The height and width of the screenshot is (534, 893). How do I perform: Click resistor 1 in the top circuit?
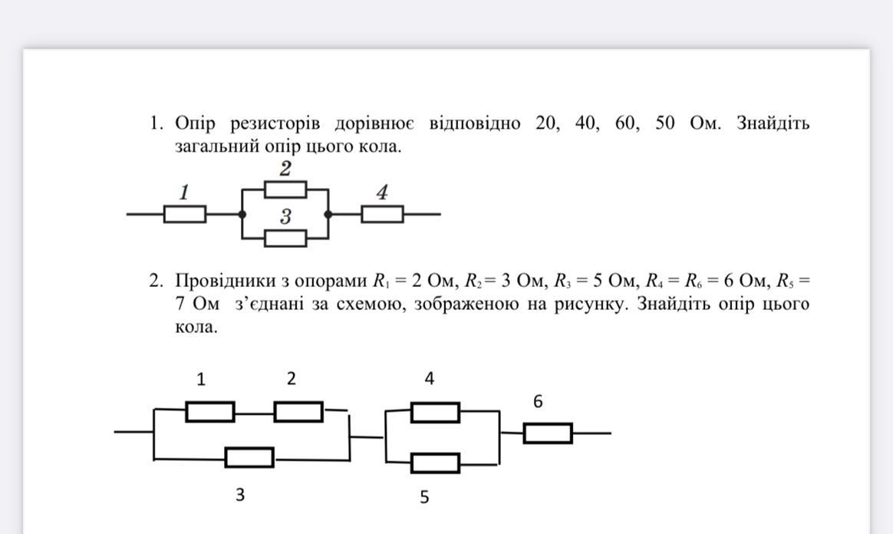click(x=185, y=214)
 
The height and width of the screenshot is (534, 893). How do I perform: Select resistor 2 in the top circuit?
click(x=285, y=189)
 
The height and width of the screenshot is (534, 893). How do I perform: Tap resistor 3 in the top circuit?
click(x=285, y=238)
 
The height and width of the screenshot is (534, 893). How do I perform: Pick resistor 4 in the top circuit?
click(x=382, y=214)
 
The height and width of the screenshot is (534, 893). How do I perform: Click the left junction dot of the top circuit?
click(x=242, y=214)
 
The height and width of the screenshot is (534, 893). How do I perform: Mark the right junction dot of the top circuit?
click(x=328, y=214)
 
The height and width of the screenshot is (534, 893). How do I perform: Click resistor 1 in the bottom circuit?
click(x=210, y=412)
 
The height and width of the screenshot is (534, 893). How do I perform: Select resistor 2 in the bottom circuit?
click(x=298, y=412)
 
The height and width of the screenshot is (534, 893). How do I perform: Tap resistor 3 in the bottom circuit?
click(x=249, y=458)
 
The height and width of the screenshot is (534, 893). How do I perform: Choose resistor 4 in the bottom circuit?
click(x=435, y=413)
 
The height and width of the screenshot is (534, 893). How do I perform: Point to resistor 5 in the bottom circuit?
click(x=435, y=463)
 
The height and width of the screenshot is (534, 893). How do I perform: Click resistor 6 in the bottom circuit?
click(x=548, y=433)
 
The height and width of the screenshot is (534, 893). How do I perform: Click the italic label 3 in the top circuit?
click(x=285, y=216)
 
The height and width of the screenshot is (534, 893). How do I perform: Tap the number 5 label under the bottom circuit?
click(x=424, y=497)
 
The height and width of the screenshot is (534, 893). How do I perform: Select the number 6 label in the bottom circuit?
click(x=538, y=401)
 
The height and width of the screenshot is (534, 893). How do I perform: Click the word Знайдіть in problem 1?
click(x=773, y=124)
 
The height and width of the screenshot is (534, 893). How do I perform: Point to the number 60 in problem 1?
click(x=627, y=124)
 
